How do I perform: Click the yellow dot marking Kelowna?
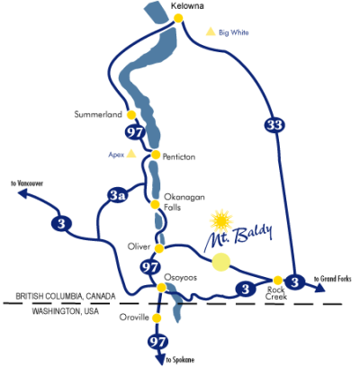(178, 18)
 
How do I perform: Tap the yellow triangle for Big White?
(211, 31)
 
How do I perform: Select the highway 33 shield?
(274, 124)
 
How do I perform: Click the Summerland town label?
(98, 114)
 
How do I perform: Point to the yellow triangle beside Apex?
(130, 154)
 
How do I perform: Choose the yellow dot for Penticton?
(156, 155)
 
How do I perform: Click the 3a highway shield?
(117, 196)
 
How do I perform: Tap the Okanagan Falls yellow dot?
(155, 205)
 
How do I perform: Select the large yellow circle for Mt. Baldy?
(221, 262)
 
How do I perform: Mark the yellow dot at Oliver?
(159, 248)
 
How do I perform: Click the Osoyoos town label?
(180, 277)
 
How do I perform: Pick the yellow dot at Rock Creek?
(278, 281)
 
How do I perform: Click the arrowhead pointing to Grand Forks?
(319, 288)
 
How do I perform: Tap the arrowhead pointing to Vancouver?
(23, 194)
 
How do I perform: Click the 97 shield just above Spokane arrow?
(157, 342)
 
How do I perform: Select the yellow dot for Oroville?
(156, 318)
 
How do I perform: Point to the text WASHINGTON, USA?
(66, 311)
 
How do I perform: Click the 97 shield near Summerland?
(135, 132)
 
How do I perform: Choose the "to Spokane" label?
(180, 360)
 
